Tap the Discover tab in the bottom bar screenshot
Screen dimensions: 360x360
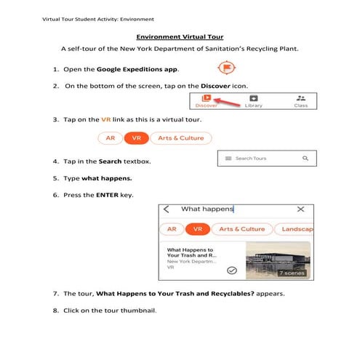[x=207, y=100]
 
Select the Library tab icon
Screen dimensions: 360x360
[x=253, y=100]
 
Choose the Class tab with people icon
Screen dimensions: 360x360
[x=300, y=100]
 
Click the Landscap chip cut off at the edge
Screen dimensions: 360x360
[x=295, y=229]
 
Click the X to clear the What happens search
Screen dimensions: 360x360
[x=300, y=209]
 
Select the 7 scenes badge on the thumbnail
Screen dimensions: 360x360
[x=292, y=273]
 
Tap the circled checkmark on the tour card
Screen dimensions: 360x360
[x=231, y=270]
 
